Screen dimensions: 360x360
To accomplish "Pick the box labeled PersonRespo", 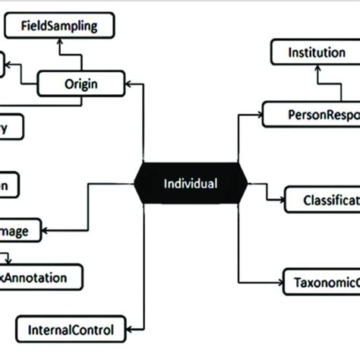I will tap(311, 114).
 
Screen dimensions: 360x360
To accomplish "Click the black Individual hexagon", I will tap(191, 183).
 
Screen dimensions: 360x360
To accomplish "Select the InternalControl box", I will tap(71, 330).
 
